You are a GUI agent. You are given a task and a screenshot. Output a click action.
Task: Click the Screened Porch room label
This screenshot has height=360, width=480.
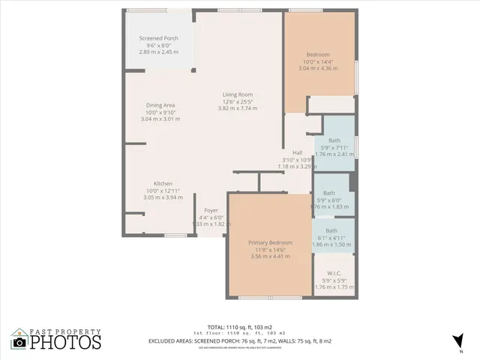pyautogui.click(x=158, y=38)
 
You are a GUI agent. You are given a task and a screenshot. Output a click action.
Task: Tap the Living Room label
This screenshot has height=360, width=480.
pyautogui.click(x=237, y=94)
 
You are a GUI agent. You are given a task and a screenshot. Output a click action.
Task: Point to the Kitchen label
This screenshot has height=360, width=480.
pyautogui.click(x=163, y=184)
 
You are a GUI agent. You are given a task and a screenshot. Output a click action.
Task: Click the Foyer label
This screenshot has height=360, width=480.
pyautogui.click(x=211, y=211)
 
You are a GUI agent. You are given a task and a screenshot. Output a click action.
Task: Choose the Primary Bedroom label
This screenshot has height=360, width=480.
pyautogui.click(x=270, y=243)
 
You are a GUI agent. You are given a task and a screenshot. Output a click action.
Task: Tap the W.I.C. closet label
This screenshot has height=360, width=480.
pyautogui.click(x=334, y=273)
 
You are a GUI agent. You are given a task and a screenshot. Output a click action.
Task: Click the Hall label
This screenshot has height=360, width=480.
pyautogui.click(x=298, y=152)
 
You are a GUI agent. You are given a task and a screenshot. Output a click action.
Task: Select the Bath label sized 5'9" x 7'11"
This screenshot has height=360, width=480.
pyautogui.click(x=334, y=140)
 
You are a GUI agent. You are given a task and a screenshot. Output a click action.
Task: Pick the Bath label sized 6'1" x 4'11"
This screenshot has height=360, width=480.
pyautogui.click(x=331, y=231)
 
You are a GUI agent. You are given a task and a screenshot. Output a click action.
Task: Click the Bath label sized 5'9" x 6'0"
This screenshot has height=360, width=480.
pyautogui.click(x=328, y=193)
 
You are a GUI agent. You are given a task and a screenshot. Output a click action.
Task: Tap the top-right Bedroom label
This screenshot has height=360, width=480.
pyautogui.click(x=318, y=55)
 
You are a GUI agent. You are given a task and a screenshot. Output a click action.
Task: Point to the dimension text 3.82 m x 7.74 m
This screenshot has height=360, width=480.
pyautogui.click(x=237, y=108)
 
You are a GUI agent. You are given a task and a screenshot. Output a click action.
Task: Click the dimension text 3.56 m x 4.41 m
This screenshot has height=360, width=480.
pyautogui.click(x=270, y=256)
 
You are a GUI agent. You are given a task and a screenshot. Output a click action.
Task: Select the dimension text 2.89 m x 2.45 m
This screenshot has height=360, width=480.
pyautogui.click(x=158, y=52)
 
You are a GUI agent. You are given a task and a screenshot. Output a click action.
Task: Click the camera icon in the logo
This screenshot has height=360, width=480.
pyautogui.click(x=19, y=343)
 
